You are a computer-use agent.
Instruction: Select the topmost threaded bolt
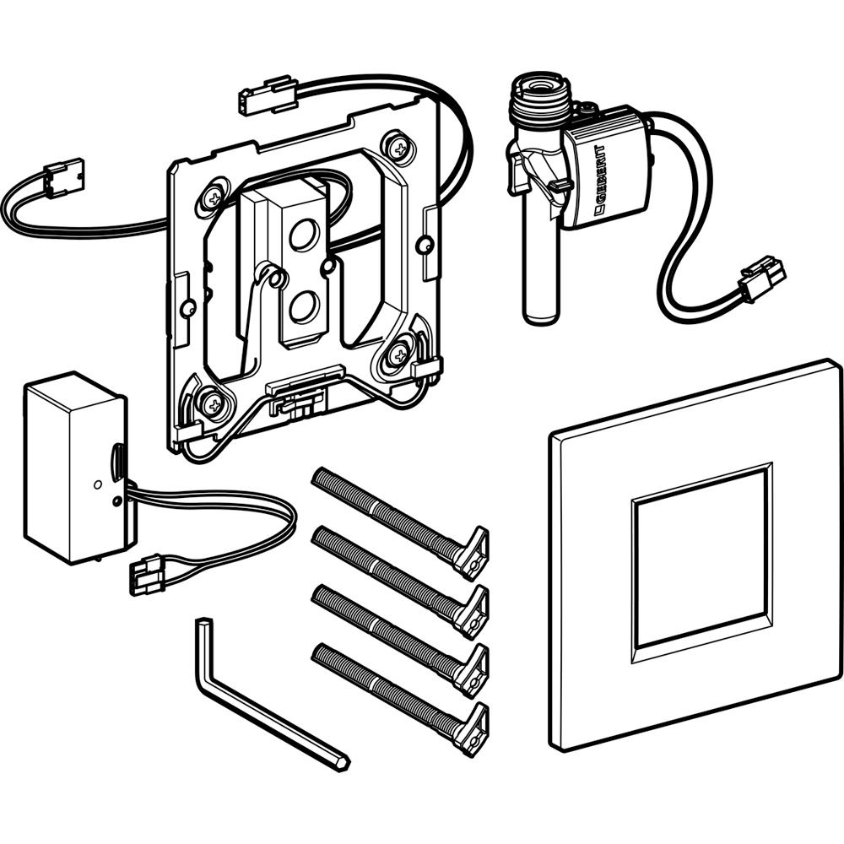(x=400, y=522)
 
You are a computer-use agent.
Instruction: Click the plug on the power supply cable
(x=145, y=573)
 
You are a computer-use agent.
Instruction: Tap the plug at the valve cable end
(x=762, y=279)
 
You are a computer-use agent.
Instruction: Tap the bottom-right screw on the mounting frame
(x=399, y=353)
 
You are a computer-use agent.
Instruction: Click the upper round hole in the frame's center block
(x=304, y=235)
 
